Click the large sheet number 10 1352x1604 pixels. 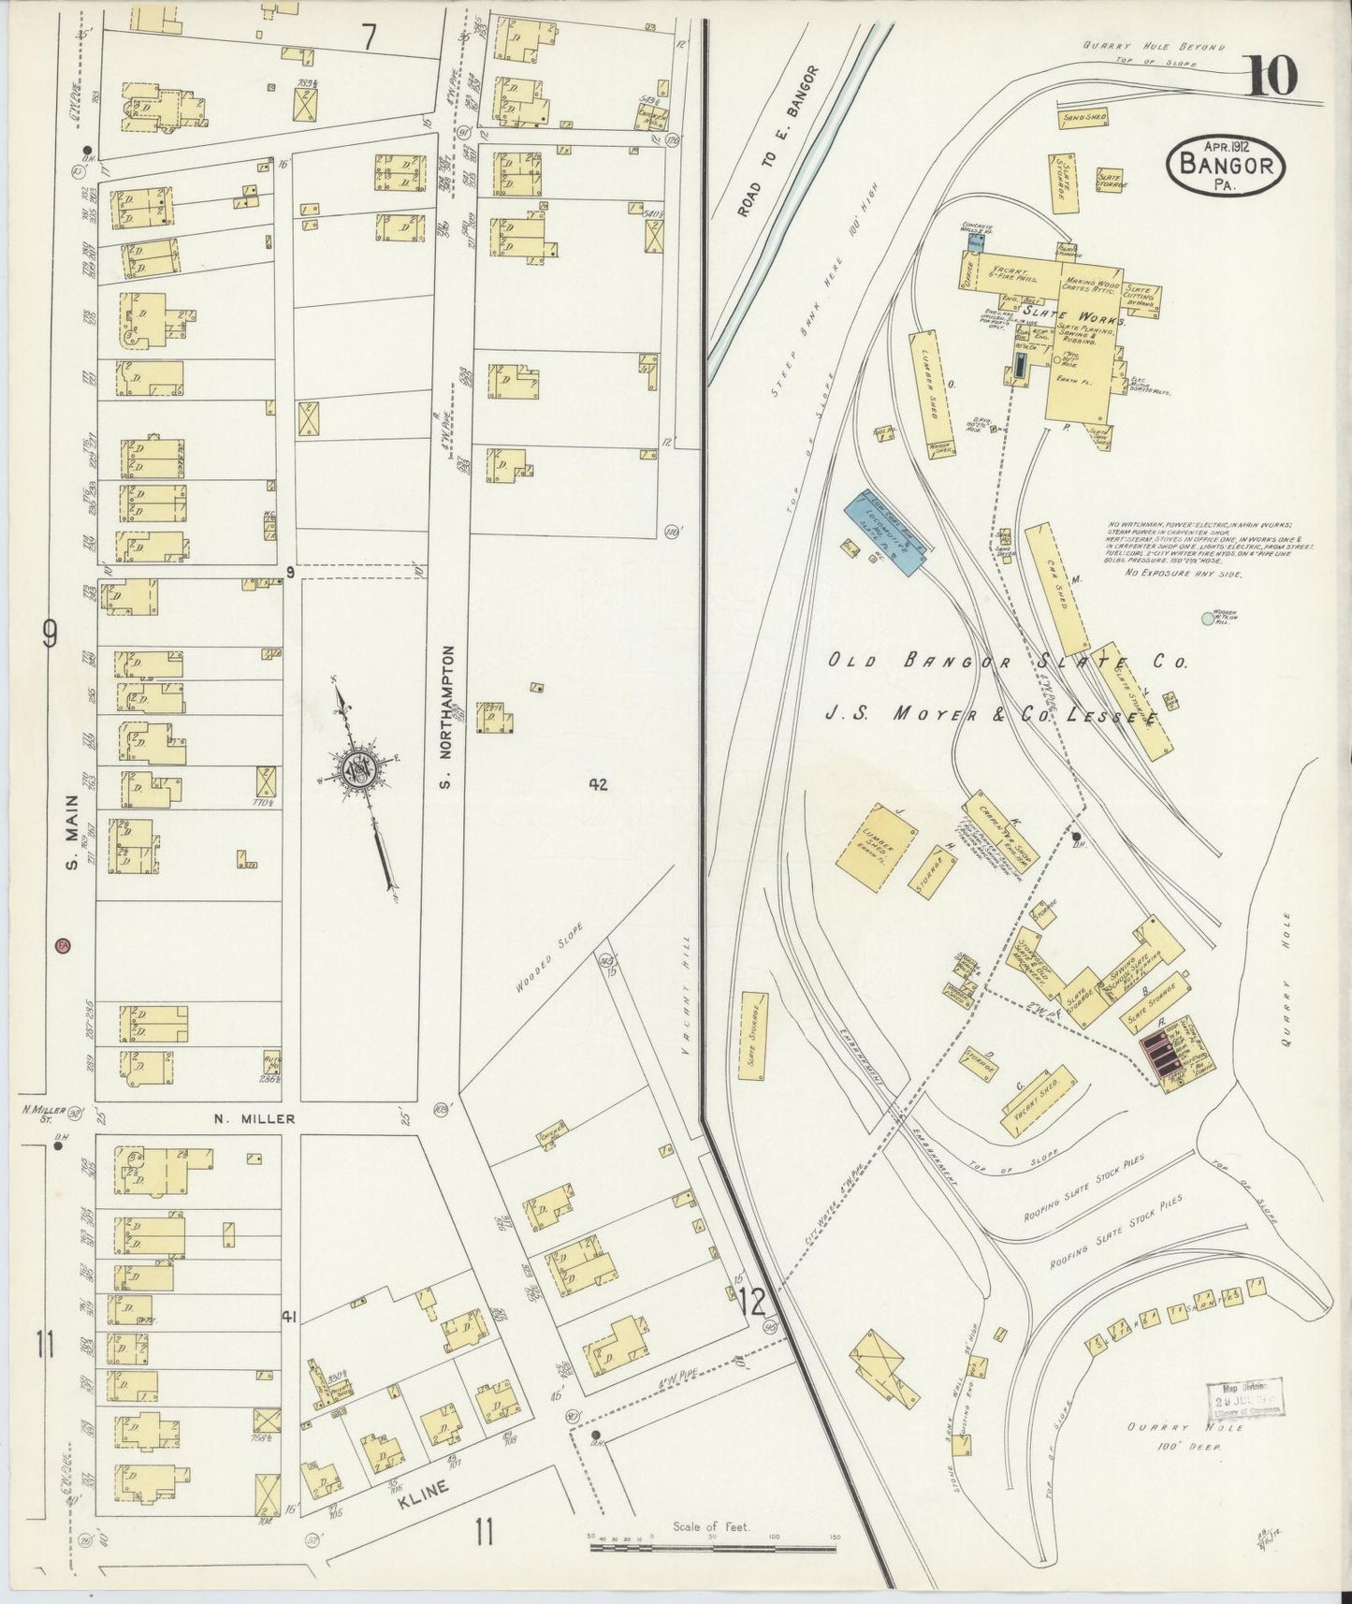click(x=1272, y=76)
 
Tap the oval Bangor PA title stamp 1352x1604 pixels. click(x=1226, y=165)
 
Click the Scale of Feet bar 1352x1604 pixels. click(x=711, y=1549)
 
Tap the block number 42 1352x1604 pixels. click(x=598, y=784)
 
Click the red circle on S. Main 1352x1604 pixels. click(x=63, y=946)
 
